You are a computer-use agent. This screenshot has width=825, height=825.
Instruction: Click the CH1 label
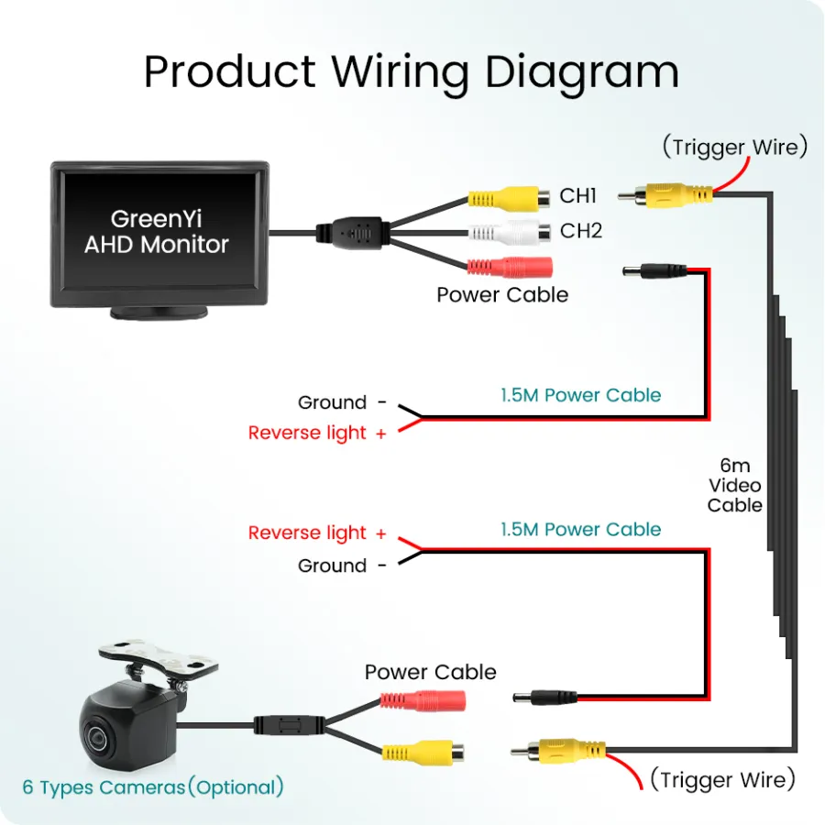pos(577,196)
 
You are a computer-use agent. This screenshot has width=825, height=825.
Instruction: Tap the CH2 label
pos(581,230)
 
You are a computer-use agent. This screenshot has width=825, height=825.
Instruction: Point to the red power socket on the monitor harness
pos(510,268)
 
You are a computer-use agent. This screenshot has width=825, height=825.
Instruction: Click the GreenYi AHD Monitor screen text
pos(156,232)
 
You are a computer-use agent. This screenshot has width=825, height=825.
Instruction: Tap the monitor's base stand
pos(159,313)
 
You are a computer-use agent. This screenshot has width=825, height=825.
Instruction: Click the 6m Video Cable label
pos(735,485)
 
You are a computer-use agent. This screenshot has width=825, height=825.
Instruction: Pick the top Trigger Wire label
pos(735,147)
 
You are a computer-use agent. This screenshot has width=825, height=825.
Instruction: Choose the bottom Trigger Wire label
pos(723,779)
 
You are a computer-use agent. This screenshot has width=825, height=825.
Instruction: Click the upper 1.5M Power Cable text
pos(580,395)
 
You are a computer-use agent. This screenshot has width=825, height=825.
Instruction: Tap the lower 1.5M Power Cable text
pos(580,529)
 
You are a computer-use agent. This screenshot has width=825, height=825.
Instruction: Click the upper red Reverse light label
pos(317,433)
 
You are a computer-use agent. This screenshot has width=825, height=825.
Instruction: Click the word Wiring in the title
pos(400,72)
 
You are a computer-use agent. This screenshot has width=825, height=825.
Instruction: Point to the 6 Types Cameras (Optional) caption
pos(153,787)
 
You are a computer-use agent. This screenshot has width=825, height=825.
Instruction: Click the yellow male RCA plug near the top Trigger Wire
pos(665,195)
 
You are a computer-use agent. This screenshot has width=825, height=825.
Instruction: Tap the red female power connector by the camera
pos(423,701)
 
